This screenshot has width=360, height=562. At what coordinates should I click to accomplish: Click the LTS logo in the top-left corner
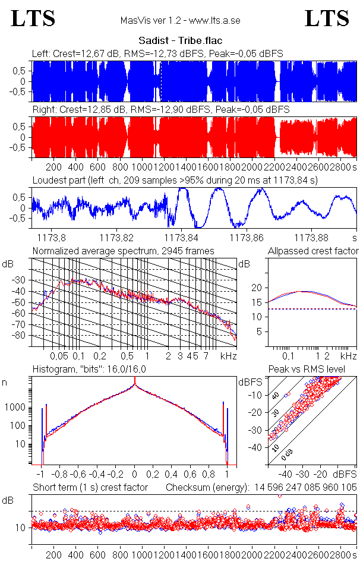point(33,18)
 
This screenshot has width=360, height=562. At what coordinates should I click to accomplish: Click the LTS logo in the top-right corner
point(327,18)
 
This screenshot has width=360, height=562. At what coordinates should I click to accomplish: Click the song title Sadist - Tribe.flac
point(180,41)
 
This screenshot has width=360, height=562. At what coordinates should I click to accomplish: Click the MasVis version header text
point(180,20)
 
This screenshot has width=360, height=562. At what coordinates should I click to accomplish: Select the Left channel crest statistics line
point(157,54)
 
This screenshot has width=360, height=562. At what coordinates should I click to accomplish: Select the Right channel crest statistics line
point(160,110)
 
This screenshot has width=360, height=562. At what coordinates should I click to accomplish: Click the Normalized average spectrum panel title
point(123,251)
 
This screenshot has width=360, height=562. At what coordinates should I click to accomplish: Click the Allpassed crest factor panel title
point(313,251)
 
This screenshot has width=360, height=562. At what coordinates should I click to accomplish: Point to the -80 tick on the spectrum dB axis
point(23,336)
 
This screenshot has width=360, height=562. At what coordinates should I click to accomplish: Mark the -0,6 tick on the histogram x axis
point(78,475)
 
